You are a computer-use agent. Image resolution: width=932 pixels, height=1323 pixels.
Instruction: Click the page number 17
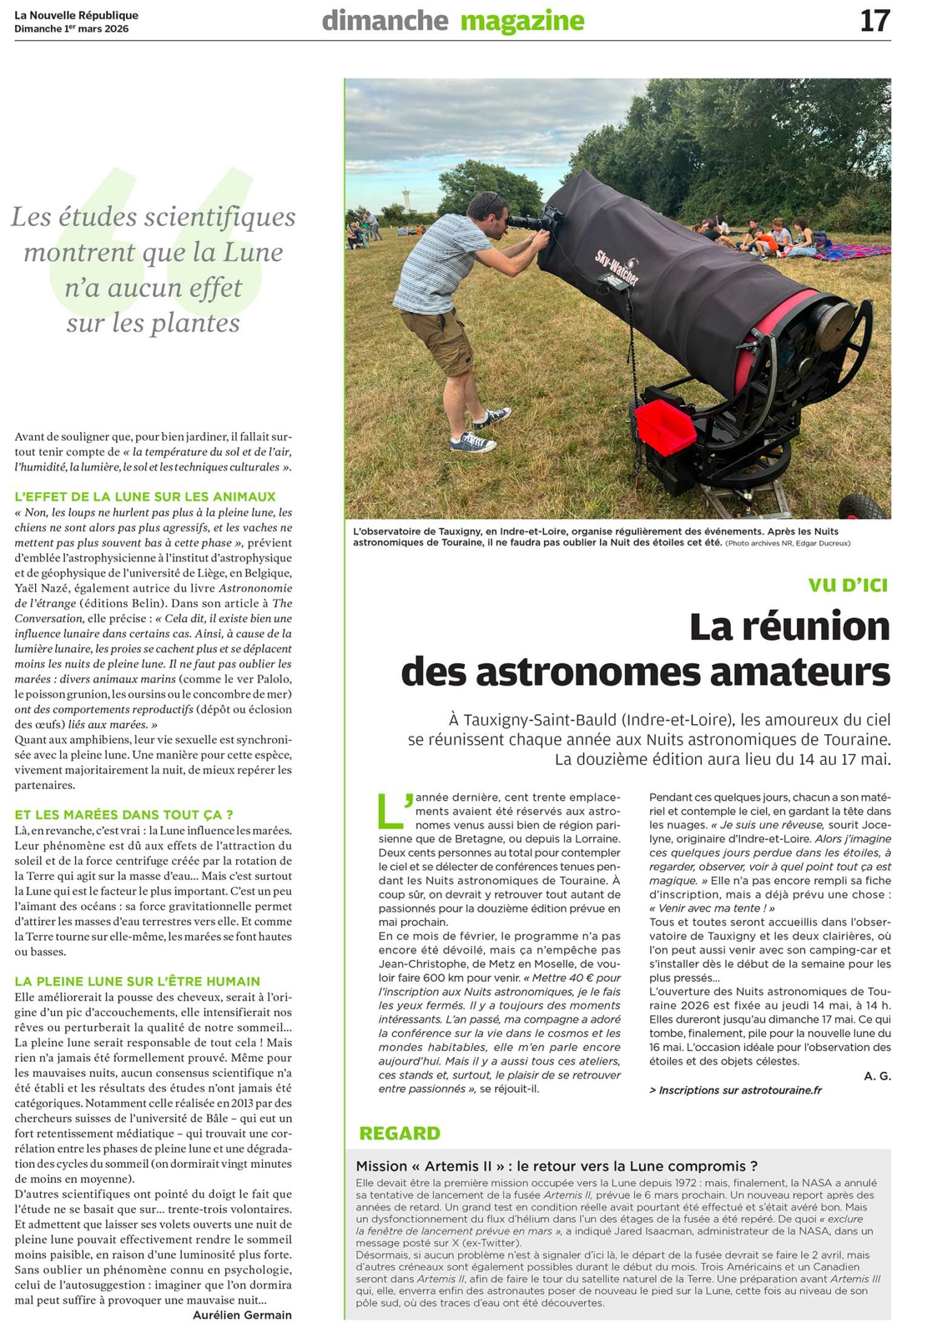(875, 21)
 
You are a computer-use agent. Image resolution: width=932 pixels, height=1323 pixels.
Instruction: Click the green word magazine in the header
(522, 21)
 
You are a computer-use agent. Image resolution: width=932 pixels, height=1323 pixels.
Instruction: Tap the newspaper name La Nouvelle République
(76, 15)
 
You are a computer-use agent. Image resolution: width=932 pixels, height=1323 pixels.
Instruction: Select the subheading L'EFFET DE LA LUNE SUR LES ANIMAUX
(145, 497)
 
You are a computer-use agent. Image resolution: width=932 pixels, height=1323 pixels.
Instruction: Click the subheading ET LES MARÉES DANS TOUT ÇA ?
(124, 815)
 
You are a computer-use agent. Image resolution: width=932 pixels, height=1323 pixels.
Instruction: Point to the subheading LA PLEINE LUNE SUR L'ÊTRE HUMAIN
(138, 981)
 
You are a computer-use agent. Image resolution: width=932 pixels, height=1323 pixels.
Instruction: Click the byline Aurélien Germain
(242, 1315)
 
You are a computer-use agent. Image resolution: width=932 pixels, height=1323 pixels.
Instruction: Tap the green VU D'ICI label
(848, 585)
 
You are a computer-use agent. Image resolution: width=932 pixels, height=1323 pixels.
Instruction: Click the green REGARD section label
(400, 1134)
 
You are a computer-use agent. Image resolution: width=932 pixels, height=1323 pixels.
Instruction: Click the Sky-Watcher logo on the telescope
(617, 268)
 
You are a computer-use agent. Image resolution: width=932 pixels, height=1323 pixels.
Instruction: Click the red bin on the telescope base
(665, 425)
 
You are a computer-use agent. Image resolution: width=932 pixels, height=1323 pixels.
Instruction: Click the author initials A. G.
(877, 1076)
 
